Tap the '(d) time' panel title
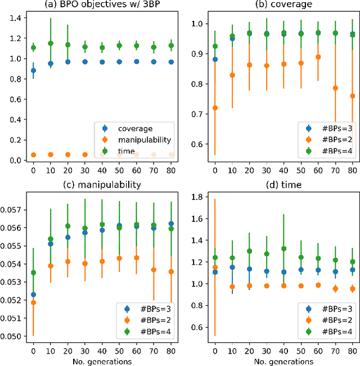(285, 184)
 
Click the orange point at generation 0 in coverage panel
(214, 108)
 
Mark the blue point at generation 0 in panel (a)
(33, 71)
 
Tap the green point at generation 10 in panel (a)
(51, 43)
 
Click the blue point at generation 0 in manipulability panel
(33, 294)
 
